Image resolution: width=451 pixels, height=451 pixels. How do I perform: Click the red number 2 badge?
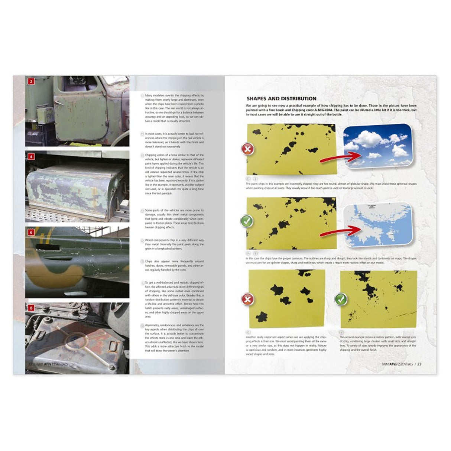[31, 81]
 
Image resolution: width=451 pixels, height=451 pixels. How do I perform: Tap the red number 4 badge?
[31, 156]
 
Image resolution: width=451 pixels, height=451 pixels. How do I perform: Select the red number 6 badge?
[31, 232]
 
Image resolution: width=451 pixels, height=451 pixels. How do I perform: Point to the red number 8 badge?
[31, 308]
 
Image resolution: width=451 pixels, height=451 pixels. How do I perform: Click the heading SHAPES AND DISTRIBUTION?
[281, 99]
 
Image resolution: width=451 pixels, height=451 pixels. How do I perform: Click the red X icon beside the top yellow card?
[248, 149]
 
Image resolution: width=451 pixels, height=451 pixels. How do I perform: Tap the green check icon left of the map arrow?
[247, 221]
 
